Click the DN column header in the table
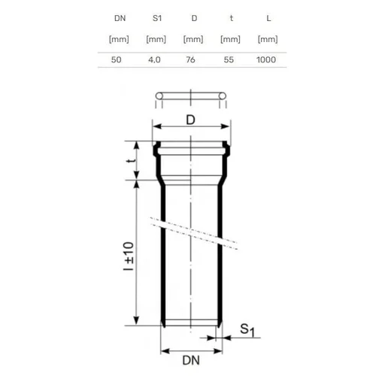click(x=120, y=18)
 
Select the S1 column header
click(x=157, y=18)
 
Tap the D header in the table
click(x=194, y=18)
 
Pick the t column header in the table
click(x=232, y=18)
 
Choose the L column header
click(x=268, y=18)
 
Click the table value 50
click(x=117, y=59)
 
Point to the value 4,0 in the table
click(x=154, y=60)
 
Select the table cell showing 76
click(x=190, y=59)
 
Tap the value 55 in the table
click(x=229, y=59)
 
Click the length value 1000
click(x=266, y=59)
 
